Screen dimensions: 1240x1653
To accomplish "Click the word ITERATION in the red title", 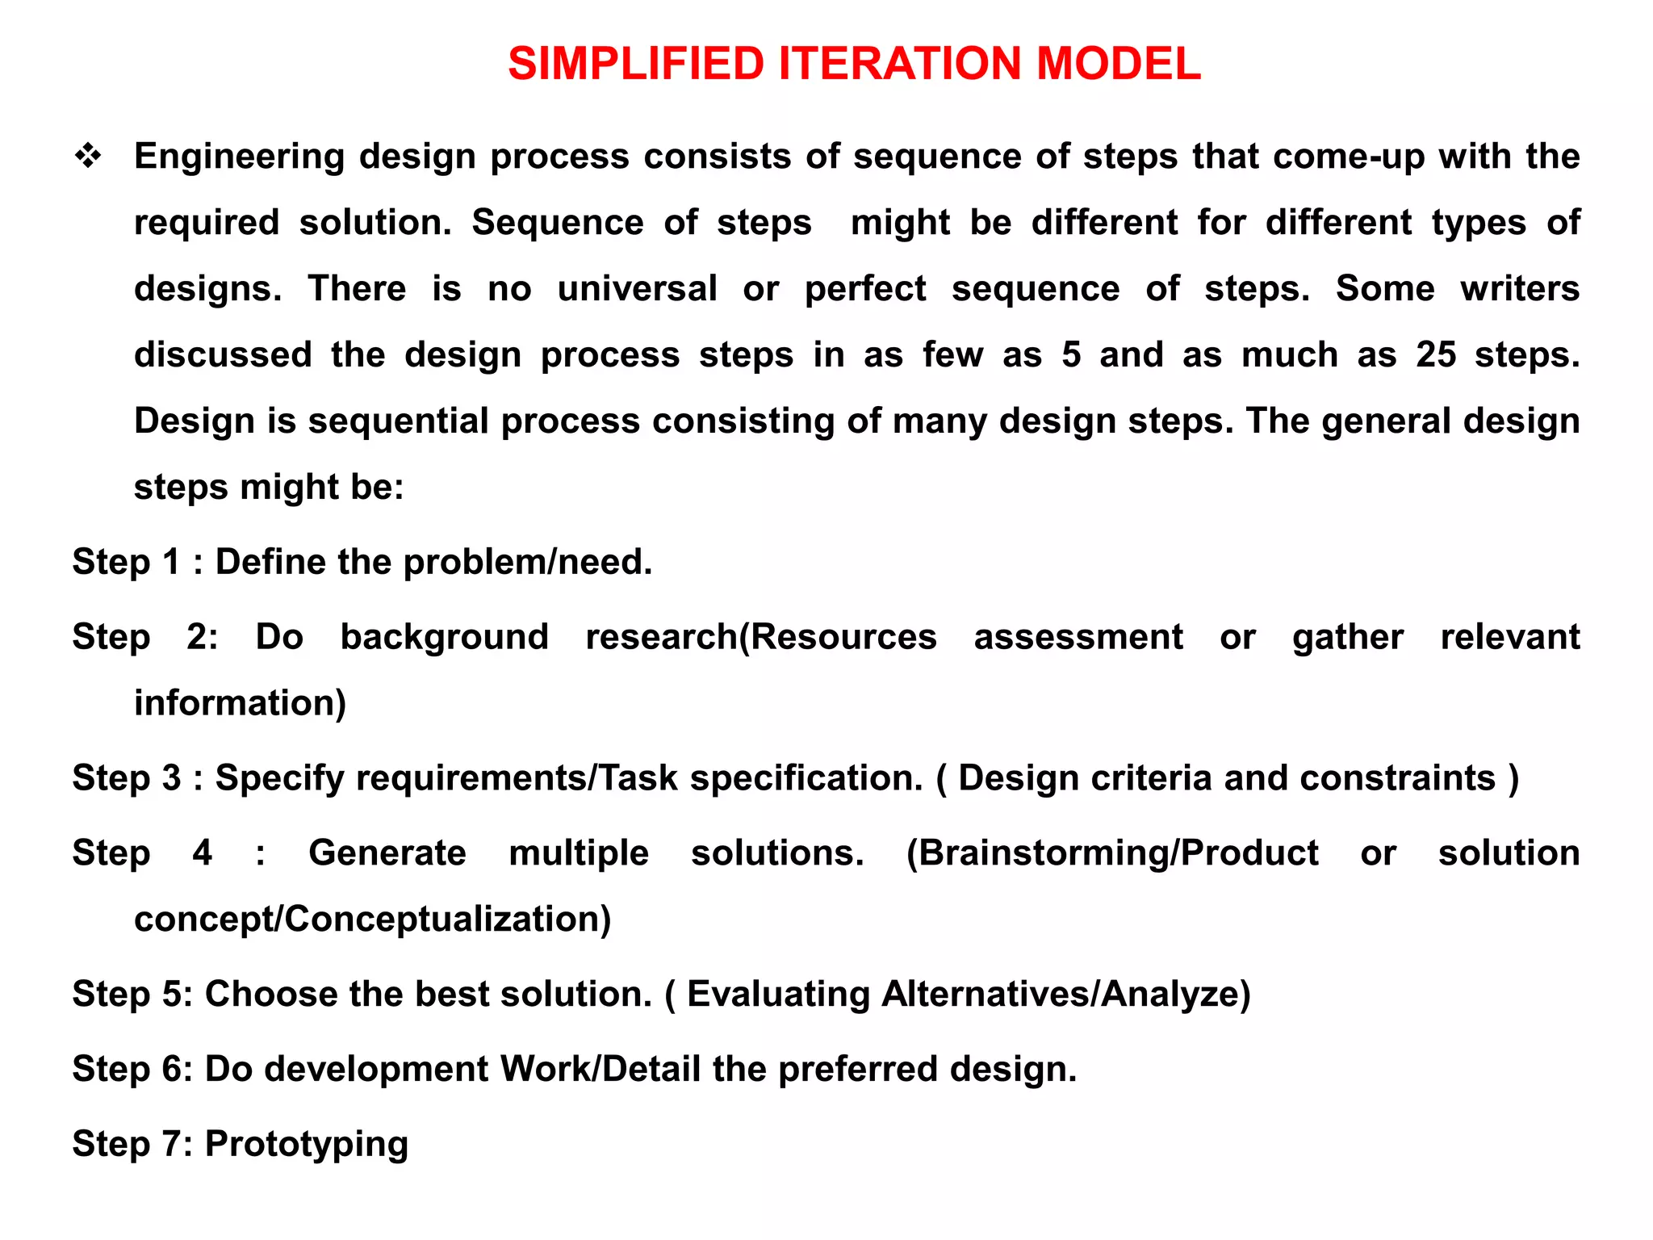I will tap(900, 64).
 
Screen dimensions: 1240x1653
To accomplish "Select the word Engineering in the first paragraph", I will tap(239, 157).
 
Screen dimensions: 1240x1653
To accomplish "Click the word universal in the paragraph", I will tap(637, 289).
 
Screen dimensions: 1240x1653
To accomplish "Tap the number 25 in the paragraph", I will tap(1435, 355).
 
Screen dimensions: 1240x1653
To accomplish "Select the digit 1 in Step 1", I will tap(171, 562).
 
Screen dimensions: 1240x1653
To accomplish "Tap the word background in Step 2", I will tap(444, 638).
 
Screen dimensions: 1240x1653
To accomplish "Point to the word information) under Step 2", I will tap(240, 703).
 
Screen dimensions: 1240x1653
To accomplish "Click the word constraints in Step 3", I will tap(1397, 778).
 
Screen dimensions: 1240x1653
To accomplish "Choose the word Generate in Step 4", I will tap(387, 853).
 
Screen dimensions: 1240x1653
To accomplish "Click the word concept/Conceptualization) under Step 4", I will tap(372, 920).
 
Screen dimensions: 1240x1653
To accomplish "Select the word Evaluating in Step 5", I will tap(778, 995).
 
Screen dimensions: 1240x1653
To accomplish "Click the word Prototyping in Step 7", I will tap(307, 1145).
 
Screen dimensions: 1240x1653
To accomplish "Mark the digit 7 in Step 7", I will tap(172, 1144).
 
